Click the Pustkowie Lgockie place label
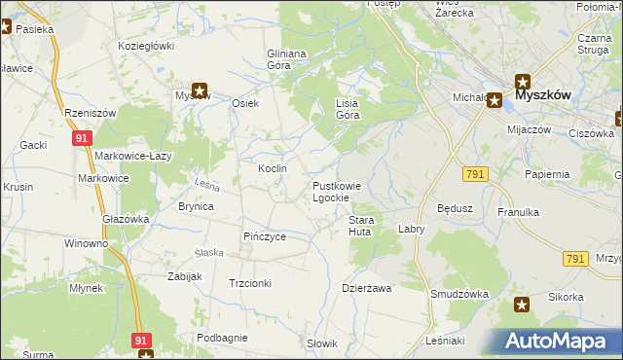[337, 192]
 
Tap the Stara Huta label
[361, 227]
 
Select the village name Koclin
[272, 168]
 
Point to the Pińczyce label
[264, 236]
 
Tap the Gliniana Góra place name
[287, 59]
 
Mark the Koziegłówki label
[146, 46]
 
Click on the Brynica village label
[196, 206]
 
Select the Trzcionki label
[249, 283]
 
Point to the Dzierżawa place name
[366, 288]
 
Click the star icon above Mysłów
[200, 91]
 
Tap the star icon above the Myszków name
[522, 82]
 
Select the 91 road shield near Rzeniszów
[82, 140]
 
